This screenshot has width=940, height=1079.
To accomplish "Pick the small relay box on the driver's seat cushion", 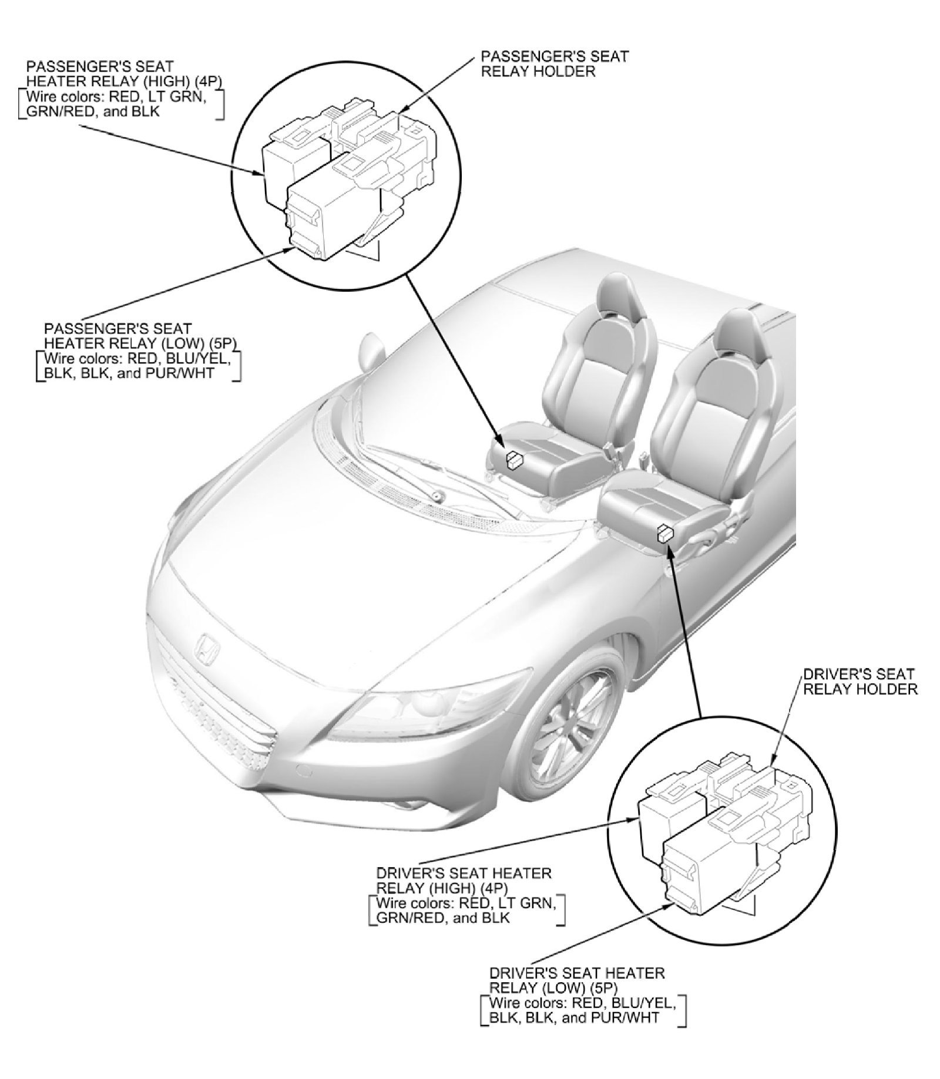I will click(664, 533).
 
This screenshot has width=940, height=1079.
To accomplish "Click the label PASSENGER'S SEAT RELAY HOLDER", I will click(554, 64).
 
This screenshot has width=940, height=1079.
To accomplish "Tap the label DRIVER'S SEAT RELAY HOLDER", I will click(860, 682).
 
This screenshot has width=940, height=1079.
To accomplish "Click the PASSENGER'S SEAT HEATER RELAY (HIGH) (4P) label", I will click(112, 75).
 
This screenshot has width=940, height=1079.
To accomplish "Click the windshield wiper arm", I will click(405, 483).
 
